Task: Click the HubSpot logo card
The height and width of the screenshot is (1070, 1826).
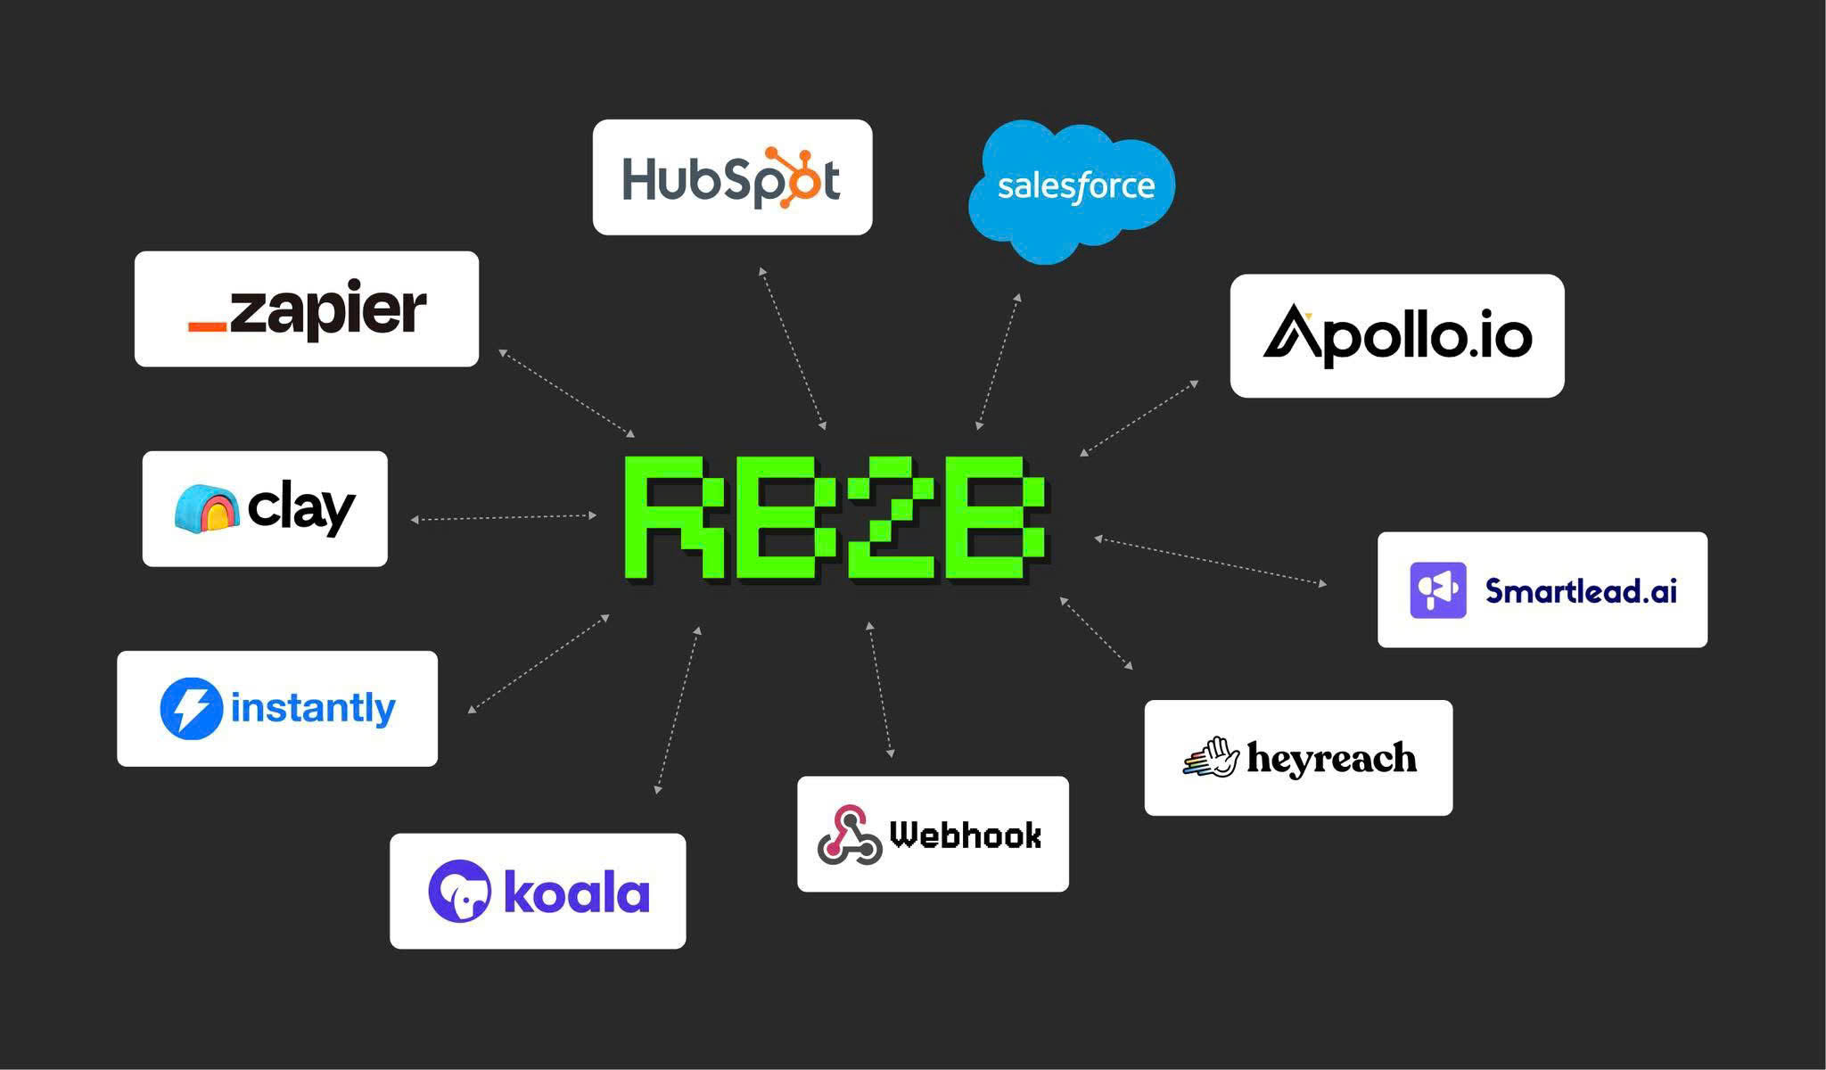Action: (x=732, y=177)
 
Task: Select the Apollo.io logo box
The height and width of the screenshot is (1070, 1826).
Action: (x=1396, y=336)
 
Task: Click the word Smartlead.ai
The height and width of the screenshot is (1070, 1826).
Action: (x=1581, y=590)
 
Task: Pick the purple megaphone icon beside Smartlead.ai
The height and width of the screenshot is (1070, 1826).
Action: (x=1437, y=590)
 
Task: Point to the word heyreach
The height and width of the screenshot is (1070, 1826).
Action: (x=1331, y=758)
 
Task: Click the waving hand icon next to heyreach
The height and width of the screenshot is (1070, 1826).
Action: (x=1212, y=758)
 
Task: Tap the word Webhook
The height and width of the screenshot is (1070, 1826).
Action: (x=966, y=835)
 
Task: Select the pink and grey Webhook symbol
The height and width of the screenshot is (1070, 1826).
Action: (x=848, y=835)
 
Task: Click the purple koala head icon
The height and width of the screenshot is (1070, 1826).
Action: (x=459, y=891)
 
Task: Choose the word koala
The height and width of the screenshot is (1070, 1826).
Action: (x=577, y=893)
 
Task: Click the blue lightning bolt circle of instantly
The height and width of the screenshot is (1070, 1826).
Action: (x=191, y=709)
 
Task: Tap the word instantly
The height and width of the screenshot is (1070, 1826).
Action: (x=313, y=708)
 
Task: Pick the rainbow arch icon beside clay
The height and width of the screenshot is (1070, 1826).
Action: (x=207, y=508)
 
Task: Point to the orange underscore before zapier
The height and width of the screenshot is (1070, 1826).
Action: (x=208, y=326)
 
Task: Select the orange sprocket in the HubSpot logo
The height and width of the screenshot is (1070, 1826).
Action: (x=791, y=177)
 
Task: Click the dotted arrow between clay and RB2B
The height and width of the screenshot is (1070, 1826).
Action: (x=504, y=517)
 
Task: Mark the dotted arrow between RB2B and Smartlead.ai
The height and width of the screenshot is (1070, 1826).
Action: (x=1210, y=561)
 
